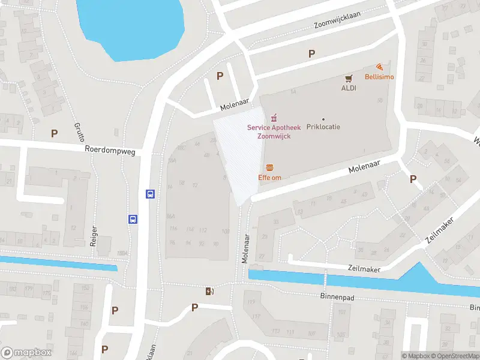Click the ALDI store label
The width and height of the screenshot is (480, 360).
point(349,88)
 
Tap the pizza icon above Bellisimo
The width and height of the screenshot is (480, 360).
point(379,67)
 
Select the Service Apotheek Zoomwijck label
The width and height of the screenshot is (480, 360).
point(274,131)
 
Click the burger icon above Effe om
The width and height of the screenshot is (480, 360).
point(270,167)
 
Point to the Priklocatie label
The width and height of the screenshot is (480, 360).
point(323,127)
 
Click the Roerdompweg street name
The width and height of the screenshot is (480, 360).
point(110,151)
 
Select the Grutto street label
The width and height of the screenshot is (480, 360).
point(79,130)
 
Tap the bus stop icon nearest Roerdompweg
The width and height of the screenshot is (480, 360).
point(150,194)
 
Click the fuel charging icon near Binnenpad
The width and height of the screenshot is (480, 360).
point(209,291)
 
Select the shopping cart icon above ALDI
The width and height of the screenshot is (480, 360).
point(349,78)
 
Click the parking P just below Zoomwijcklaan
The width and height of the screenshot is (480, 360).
point(311,54)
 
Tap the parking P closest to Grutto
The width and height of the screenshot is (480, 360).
point(55,133)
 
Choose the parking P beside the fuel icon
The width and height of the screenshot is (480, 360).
point(194,307)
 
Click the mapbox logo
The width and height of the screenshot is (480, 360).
point(26,352)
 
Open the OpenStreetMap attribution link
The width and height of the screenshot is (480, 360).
point(457,356)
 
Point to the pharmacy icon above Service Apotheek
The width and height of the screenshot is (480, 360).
point(274,117)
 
